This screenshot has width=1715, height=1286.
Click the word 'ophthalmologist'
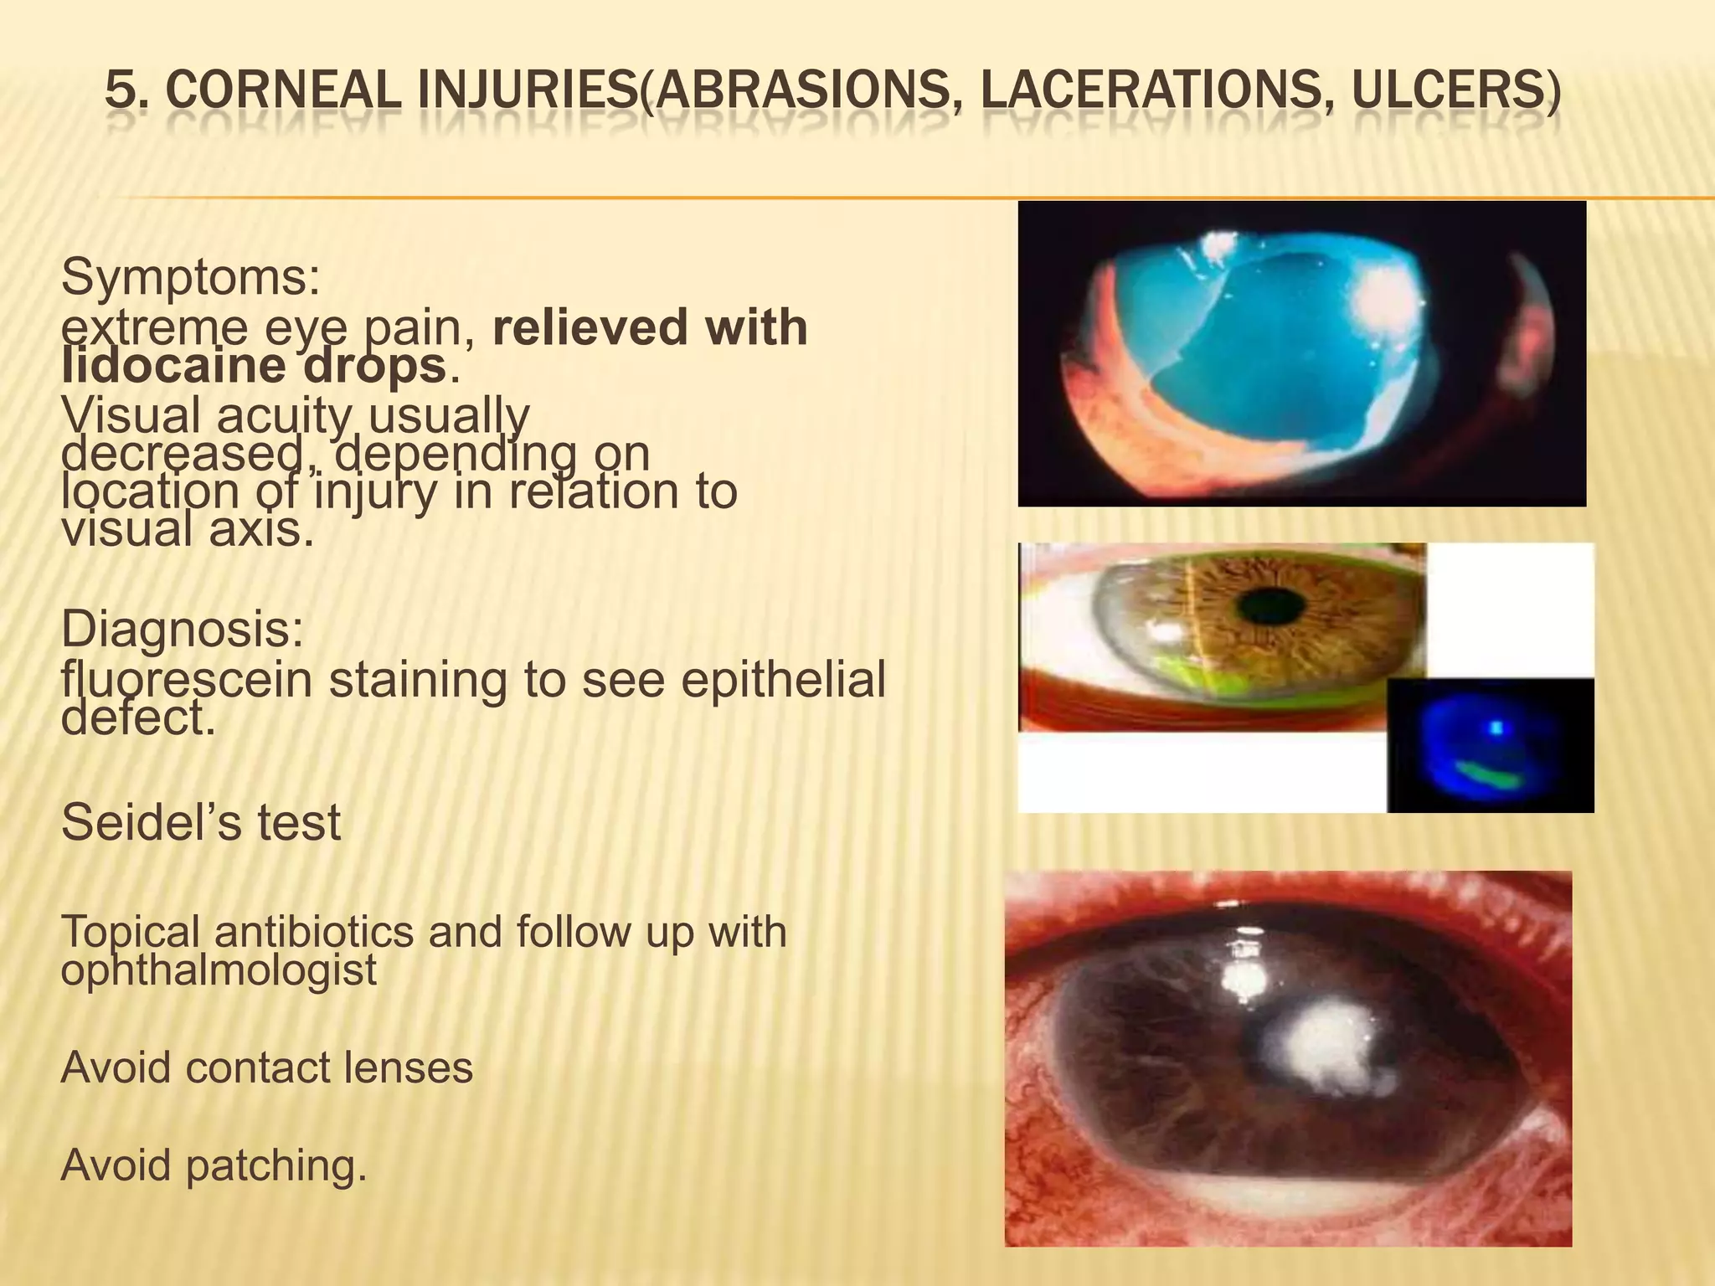pos(219,970)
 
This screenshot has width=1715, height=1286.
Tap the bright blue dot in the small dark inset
pos(1496,728)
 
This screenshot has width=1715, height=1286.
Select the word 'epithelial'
pos(783,680)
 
